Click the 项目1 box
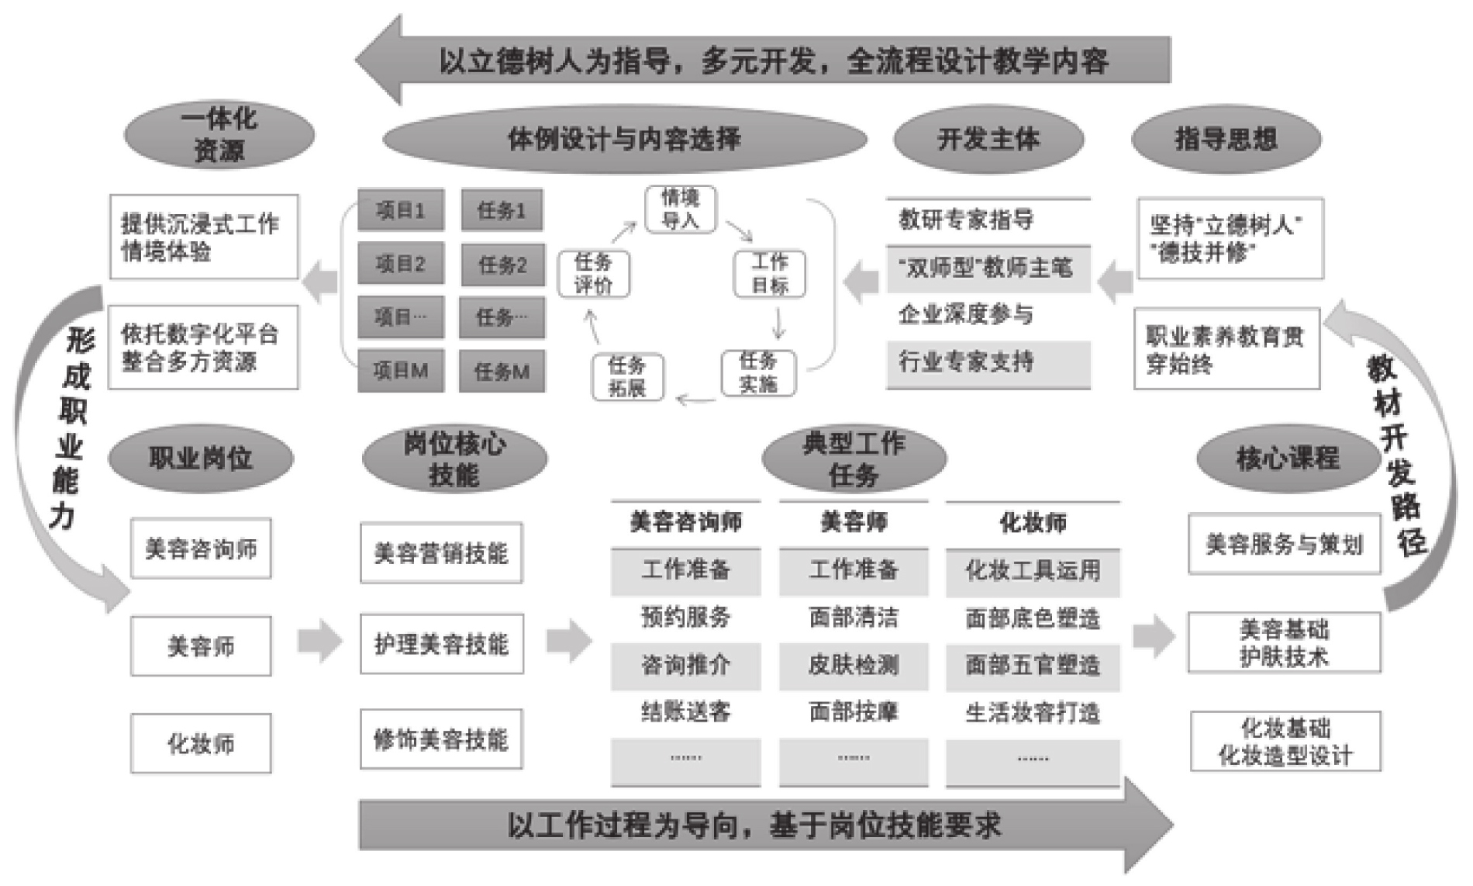pyautogui.click(x=400, y=210)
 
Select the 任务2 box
pyautogui.click(x=502, y=265)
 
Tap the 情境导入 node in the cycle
pyautogui.click(x=680, y=209)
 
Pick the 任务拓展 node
pyautogui.click(x=627, y=376)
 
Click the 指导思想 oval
pyautogui.click(x=1226, y=140)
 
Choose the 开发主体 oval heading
pyautogui.click(x=988, y=140)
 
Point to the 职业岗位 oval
pyautogui.click(x=201, y=458)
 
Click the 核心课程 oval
pyautogui.click(x=1288, y=458)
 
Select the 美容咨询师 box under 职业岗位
pyautogui.click(x=201, y=549)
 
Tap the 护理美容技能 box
pyautogui.click(x=441, y=644)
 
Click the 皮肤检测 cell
pyautogui.click(x=854, y=665)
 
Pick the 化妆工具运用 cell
pyautogui.click(x=1033, y=571)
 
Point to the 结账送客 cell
pyautogui.click(x=685, y=711)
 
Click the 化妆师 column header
pyautogui.click(x=1033, y=522)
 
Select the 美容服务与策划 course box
pyautogui.click(x=1284, y=544)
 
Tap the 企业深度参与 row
pyautogui.click(x=988, y=314)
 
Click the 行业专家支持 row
pyautogui.click(x=988, y=362)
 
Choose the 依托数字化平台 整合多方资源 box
pyautogui.click(x=203, y=348)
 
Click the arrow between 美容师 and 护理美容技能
pyautogui.click(x=319, y=641)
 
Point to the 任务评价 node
pyautogui.click(x=593, y=273)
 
